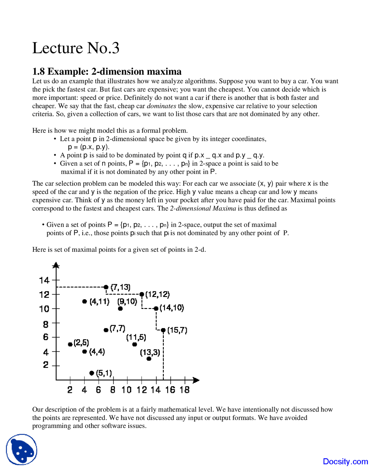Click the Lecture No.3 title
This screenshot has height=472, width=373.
click(x=76, y=48)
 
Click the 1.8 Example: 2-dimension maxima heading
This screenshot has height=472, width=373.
click(x=107, y=71)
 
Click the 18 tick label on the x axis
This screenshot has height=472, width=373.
click(x=184, y=390)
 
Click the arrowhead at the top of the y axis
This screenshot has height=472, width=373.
click(x=56, y=265)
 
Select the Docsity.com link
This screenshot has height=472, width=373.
click(x=345, y=461)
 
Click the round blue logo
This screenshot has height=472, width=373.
click(x=22, y=450)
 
